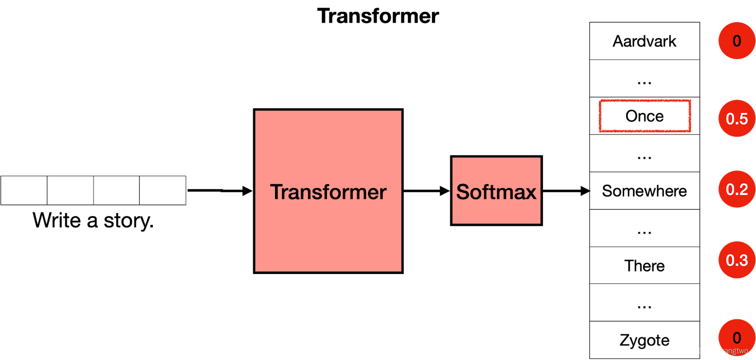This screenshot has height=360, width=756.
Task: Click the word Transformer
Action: pyautogui.click(x=328, y=192)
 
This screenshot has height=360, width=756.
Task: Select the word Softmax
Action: pyautogui.click(x=496, y=192)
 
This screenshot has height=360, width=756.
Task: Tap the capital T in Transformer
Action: pyautogui.click(x=277, y=192)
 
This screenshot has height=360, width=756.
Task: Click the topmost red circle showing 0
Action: pyautogui.click(x=737, y=41)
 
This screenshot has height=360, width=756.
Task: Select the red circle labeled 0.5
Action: pyautogui.click(x=737, y=119)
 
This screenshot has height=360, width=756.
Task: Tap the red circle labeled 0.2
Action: pyautogui.click(x=737, y=189)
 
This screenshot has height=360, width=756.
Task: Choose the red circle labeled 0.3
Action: pyautogui.click(x=737, y=260)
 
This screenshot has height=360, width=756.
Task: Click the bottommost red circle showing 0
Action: pyautogui.click(x=737, y=337)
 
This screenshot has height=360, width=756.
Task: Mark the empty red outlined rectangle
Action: pyautogui.click(x=645, y=116)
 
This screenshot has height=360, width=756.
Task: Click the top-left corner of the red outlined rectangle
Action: pyautogui.click(x=600, y=101)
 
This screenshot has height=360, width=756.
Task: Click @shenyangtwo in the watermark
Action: pyautogui.click(x=722, y=351)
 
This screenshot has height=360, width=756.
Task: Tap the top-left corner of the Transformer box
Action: pyautogui.click(x=256, y=111)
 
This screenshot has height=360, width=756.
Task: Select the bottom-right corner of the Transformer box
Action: pyautogui.click(x=401, y=271)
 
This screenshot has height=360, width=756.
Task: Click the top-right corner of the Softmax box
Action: pyautogui.click(x=540, y=158)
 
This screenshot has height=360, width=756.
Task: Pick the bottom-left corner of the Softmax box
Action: pyautogui.click(x=453, y=223)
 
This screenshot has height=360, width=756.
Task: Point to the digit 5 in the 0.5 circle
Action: pyautogui.click(x=743, y=119)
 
